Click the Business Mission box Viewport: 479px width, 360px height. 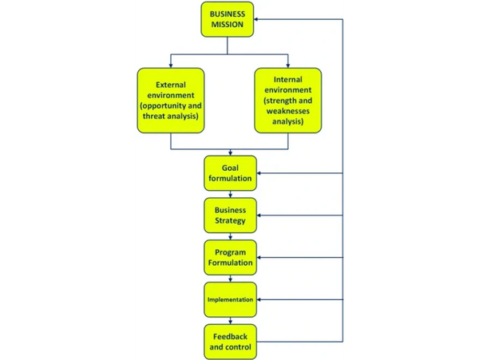[228, 19]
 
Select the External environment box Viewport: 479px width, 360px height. [171, 101]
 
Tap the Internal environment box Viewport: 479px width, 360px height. [287, 101]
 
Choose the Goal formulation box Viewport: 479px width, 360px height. [230, 173]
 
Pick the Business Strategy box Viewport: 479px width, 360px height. [230, 216]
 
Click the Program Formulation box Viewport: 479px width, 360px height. [230, 257]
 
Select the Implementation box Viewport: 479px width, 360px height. [230, 299]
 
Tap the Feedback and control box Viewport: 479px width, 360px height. [230, 342]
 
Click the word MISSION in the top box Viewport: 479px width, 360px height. [228, 25]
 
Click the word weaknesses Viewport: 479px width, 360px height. [287, 111]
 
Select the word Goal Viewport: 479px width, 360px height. [230, 168]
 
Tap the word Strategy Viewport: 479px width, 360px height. [230, 221]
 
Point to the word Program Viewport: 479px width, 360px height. [230, 251]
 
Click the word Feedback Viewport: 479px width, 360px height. [230, 336]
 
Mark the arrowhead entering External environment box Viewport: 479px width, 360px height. [171, 65]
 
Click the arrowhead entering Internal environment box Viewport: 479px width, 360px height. [287, 65]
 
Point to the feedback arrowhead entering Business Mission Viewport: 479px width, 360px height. [260, 19]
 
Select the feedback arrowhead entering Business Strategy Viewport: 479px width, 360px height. [261, 216]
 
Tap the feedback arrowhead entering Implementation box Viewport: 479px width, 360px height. [261, 299]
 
